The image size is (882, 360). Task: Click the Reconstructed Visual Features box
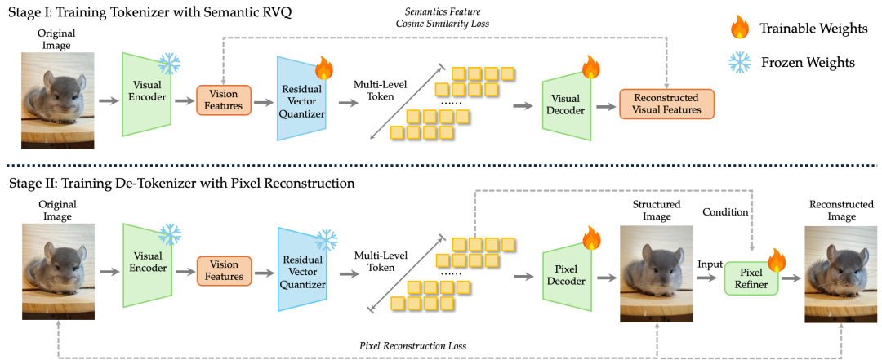click(666, 104)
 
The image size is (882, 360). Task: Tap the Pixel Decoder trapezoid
click(566, 275)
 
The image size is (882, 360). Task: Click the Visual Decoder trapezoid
click(566, 104)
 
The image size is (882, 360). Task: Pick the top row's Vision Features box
click(224, 100)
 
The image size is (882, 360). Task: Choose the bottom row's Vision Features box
click(224, 270)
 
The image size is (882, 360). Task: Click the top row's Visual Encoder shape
click(147, 94)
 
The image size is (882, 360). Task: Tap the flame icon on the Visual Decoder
click(590, 67)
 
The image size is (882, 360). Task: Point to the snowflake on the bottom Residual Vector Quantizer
click(327, 240)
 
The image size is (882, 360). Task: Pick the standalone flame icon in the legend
click(740, 28)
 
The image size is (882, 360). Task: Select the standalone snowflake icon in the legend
click(740, 63)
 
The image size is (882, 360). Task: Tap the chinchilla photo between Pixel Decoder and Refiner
click(656, 274)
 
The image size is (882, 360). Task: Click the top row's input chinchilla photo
click(57, 100)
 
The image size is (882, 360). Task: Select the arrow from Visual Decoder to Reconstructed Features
click(604, 105)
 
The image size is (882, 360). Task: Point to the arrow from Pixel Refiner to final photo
click(791, 278)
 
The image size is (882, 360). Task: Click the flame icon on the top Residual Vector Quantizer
click(324, 68)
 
